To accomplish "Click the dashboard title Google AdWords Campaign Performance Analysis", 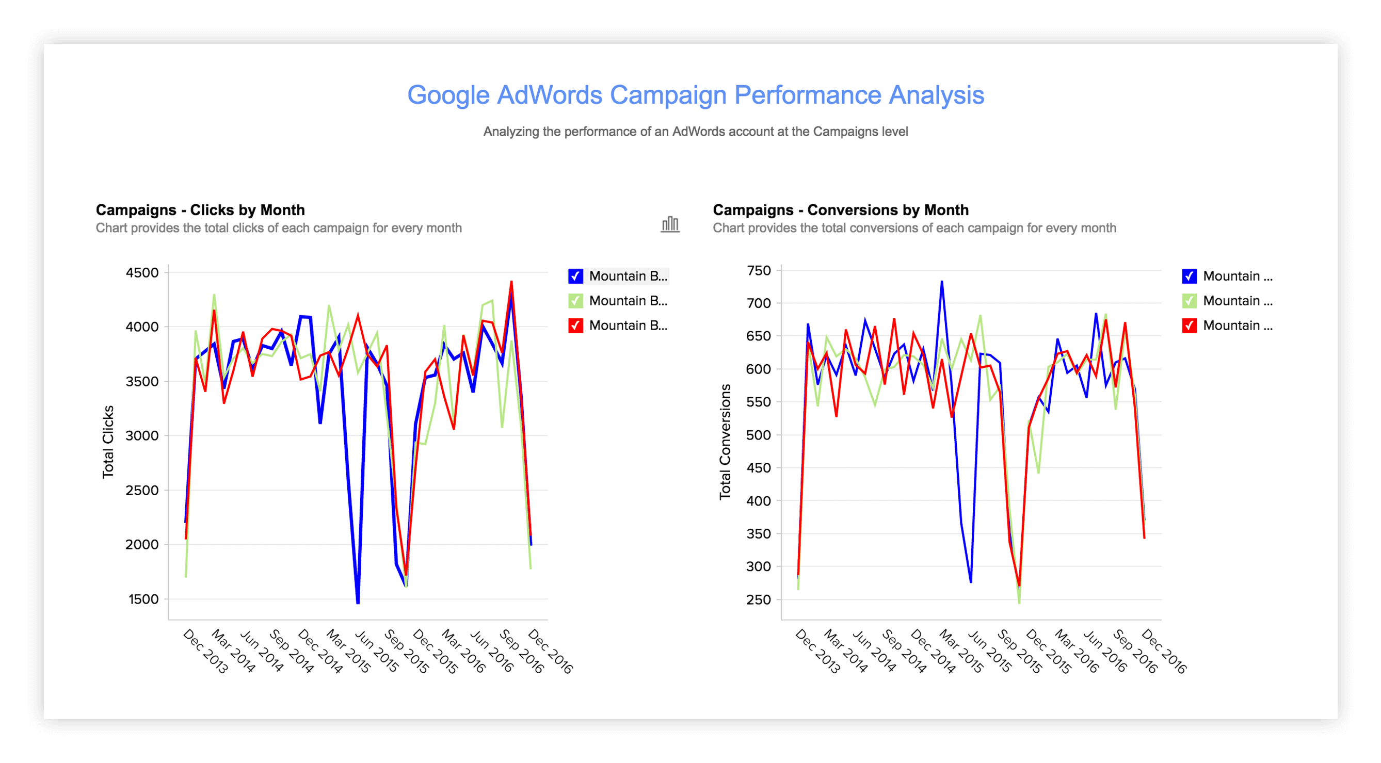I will (695, 95).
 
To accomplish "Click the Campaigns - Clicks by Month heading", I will (200, 209).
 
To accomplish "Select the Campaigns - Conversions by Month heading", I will (840, 209).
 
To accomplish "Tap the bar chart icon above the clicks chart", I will (669, 224).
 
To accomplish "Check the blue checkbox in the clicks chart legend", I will (575, 276).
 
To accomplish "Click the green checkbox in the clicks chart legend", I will (575, 301).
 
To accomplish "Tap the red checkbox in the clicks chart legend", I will (575, 325).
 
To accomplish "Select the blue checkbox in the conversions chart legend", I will (1189, 276).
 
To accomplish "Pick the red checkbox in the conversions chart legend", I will (1189, 325).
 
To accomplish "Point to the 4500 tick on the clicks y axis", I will (142, 273).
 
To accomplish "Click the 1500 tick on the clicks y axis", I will (143, 599).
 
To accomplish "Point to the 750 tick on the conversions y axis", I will (759, 271).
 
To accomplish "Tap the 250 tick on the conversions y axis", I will (759, 599).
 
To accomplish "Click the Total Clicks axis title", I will (108, 442).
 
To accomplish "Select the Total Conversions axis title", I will (725, 442).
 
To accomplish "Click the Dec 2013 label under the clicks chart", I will (205, 651).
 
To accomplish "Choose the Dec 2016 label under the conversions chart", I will (1164, 651).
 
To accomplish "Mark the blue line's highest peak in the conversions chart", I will (942, 281).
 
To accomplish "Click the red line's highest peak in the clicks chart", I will (511, 281).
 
